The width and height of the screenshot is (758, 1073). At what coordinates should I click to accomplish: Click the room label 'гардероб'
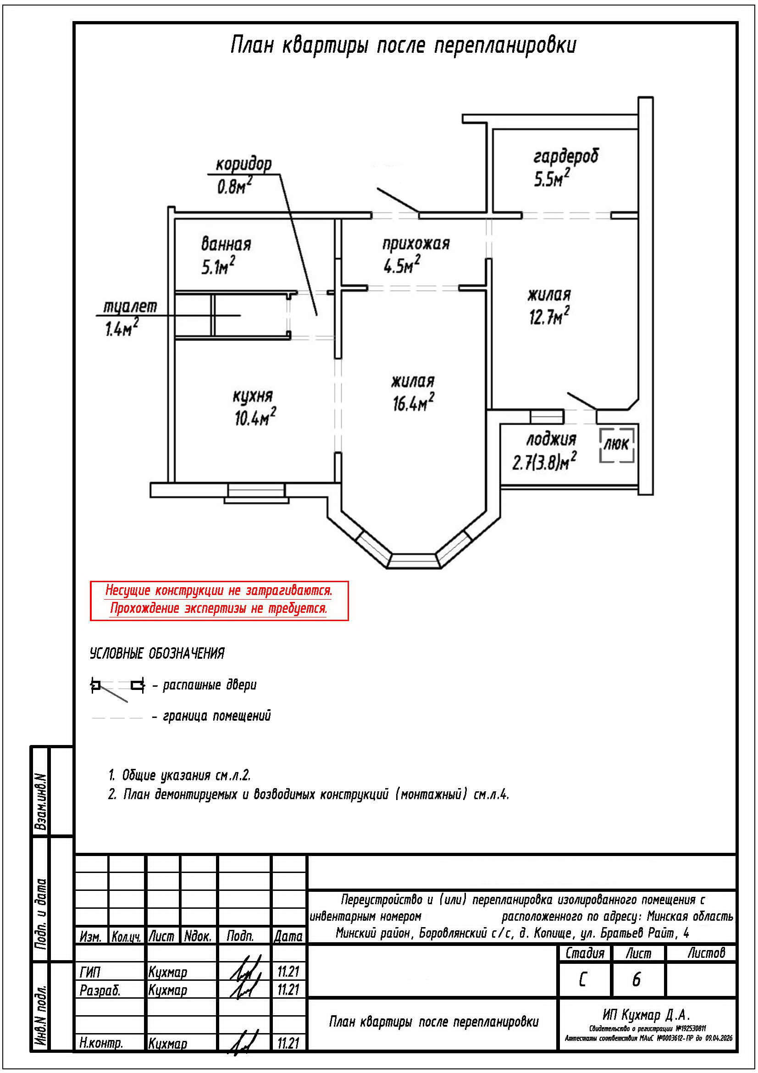565,156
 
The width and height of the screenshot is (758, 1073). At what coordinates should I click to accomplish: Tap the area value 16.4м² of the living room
413,403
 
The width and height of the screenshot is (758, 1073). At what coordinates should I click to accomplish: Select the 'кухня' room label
253,396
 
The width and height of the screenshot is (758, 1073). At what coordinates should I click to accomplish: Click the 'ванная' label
226,244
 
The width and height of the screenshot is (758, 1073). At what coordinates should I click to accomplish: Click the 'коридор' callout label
243,165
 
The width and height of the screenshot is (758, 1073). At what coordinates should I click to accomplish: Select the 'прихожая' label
415,244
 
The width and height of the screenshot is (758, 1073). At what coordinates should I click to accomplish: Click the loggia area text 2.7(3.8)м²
544,463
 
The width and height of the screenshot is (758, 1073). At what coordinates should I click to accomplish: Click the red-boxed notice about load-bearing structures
219,600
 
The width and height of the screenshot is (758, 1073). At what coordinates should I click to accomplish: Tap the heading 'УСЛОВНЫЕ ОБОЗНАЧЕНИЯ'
157,653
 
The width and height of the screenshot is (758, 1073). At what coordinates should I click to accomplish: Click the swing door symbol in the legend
117,686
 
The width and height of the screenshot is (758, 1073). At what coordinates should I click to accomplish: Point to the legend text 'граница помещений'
217,716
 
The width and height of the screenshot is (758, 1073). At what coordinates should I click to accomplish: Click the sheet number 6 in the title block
636,979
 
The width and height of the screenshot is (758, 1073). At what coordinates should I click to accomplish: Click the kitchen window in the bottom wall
256,490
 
